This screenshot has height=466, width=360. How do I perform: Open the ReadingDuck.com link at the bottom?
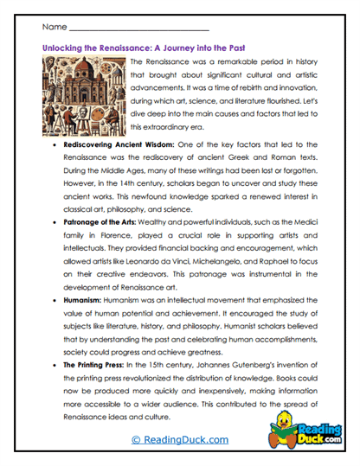pos(180,440)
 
